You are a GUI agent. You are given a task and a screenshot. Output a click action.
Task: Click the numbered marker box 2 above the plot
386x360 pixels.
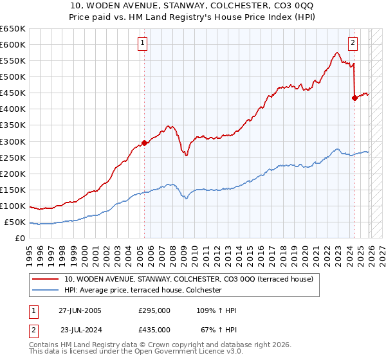coord(353,44)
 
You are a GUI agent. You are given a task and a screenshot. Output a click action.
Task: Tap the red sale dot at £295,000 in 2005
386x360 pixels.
coord(144,143)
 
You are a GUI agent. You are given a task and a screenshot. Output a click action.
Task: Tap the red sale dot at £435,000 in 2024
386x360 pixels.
coord(354,98)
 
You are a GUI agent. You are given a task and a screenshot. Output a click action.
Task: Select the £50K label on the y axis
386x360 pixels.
coord(15,222)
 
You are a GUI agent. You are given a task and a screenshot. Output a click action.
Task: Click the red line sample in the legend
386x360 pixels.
coord(46,279)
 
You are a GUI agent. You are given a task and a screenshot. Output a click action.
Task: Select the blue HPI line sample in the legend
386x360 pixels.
coord(46,290)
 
